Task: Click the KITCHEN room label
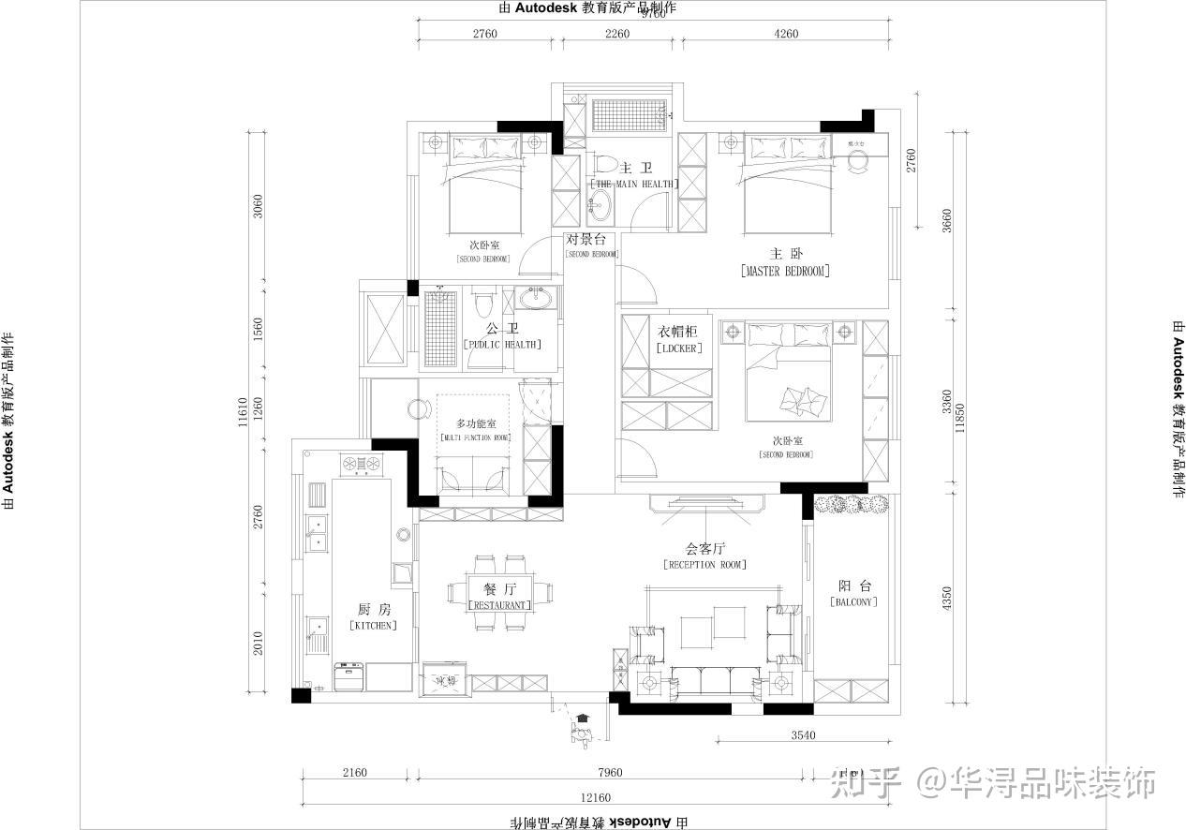[373, 625]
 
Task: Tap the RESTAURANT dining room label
[499, 605]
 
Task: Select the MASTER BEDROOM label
[785, 271]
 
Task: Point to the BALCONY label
[853, 601]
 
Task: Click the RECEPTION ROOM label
[704, 565]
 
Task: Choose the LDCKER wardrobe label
[679, 348]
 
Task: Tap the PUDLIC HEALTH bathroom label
[502, 344]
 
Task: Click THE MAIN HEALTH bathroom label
[634, 184]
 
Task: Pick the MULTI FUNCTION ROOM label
[474, 437]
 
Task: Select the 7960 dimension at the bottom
[609, 773]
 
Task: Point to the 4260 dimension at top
[787, 35]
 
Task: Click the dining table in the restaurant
[500, 591]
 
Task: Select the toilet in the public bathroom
[482, 305]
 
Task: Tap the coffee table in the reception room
[714, 625]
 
